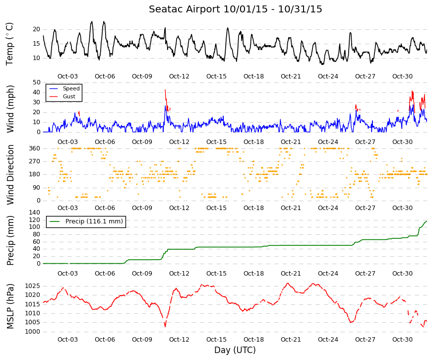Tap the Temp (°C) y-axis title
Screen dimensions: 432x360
pos(9,44)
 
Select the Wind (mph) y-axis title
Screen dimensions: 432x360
pos(10,109)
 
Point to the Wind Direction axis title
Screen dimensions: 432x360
pos(10,175)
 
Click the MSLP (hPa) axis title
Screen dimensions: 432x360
pos(10,306)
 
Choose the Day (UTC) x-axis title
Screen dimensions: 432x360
pos(235,350)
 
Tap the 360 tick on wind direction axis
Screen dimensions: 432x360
pos(35,148)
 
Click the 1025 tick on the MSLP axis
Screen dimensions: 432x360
pos(33,286)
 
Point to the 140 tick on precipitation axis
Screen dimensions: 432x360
pos(35,213)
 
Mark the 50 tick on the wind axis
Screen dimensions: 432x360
pos(37,82)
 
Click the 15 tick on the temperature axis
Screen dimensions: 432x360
pos(37,44)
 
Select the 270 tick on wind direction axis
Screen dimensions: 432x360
pos(35,161)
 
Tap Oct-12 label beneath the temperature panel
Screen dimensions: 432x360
pos(179,76)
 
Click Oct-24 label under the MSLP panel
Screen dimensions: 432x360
pos(328,340)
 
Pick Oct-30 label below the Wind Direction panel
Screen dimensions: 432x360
pos(402,208)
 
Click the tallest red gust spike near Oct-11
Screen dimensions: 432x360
pos(165,90)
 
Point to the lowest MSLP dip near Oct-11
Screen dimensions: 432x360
pos(165,327)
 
